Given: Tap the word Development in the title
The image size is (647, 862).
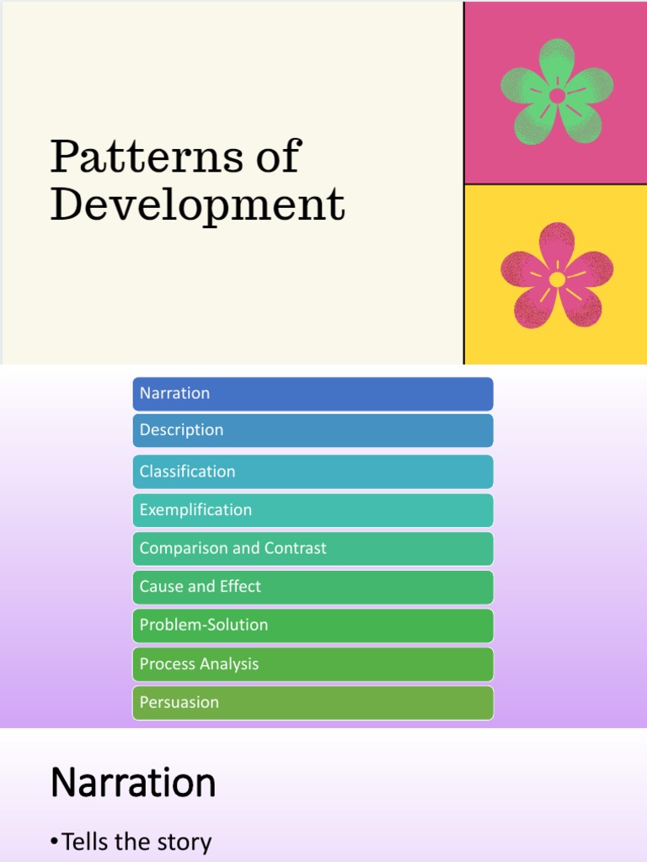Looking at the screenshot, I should pos(197,205).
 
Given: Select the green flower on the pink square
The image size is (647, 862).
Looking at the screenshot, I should pos(557,92).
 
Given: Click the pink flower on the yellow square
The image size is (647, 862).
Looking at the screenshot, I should pos(557,275).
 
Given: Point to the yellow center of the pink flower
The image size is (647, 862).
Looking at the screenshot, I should pos(557,279).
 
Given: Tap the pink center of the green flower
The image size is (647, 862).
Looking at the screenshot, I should pos(557,96).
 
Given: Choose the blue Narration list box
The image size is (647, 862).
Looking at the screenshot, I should pos(313,393).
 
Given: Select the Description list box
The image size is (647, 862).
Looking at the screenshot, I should pos(313,430).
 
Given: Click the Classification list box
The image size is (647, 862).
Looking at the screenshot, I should pos(313,471).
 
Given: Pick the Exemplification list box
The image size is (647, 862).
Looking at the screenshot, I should pos(313,510).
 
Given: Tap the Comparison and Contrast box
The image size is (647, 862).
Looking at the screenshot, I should pos(313,548).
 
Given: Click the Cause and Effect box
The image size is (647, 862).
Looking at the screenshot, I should pos(313,587).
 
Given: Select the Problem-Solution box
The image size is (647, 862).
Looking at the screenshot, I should pos(313,625).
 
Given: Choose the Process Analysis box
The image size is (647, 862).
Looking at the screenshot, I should pos(313,664).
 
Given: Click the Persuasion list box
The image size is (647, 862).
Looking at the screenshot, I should pos(313,702).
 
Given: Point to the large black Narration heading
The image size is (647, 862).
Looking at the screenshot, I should pos(133,784).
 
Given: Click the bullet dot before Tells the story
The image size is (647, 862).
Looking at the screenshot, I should pos(55,843).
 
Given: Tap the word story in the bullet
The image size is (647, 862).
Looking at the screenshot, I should pos(185,842).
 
